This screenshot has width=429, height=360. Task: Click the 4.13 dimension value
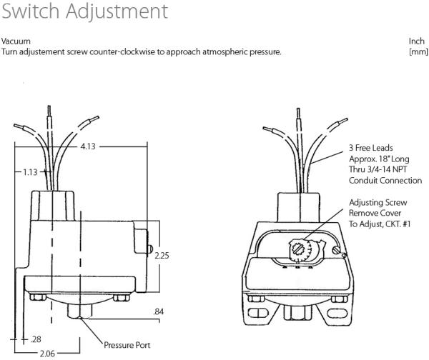click(88, 146)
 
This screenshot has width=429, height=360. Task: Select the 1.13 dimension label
click(30, 172)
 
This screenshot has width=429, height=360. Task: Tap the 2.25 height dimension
click(162, 255)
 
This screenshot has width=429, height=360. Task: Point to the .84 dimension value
click(159, 311)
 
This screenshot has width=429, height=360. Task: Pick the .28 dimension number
click(36, 339)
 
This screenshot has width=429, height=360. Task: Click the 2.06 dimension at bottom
click(47, 354)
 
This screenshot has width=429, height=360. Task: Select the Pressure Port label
click(127, 345)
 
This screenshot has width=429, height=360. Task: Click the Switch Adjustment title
click(84, 11)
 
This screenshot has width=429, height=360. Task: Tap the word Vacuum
click(16, 41)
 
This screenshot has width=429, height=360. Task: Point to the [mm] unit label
click(418, 51)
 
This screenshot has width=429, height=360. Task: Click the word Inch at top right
click(416, 41)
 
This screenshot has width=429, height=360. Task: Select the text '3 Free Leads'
click(370, 148)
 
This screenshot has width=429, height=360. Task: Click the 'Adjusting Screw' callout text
click(378, 203)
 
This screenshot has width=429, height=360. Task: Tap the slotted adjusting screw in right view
click(296, 248)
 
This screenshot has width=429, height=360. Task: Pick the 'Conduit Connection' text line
click(385, 181)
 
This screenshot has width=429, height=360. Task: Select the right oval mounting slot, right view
click(337, 313)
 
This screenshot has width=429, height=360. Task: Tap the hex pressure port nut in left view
click(80, 311)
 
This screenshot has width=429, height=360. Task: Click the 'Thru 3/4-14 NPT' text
click(378, 169)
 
